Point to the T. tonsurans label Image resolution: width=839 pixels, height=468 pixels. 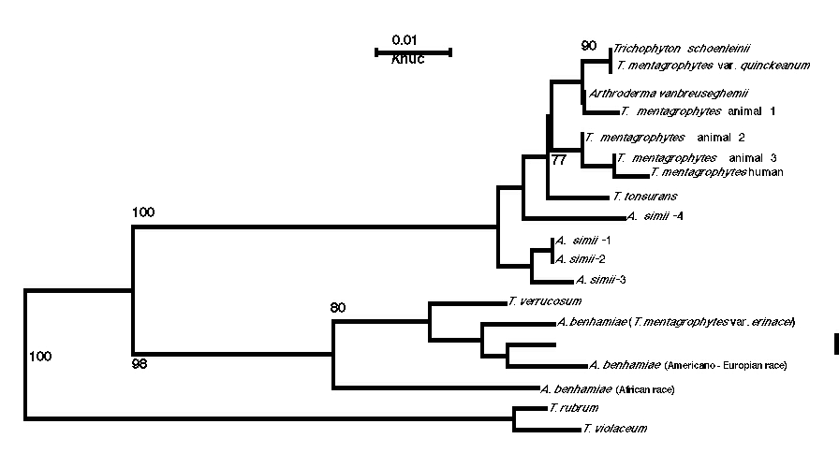[644, 197]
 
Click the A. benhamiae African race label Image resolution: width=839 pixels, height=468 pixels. [607, 388]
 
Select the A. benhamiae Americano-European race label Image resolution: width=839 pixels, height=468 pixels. [687, 364]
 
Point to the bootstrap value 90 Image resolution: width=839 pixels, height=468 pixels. [588, 46]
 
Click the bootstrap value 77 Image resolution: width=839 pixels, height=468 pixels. [560, 160]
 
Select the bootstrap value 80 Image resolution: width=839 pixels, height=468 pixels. [338, 307]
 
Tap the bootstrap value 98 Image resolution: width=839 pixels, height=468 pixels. [142, 362]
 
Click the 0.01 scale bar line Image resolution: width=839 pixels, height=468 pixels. [414, 51]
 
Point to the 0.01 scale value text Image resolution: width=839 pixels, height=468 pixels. [405, 39]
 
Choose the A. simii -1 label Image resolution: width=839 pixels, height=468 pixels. [582, 241]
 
